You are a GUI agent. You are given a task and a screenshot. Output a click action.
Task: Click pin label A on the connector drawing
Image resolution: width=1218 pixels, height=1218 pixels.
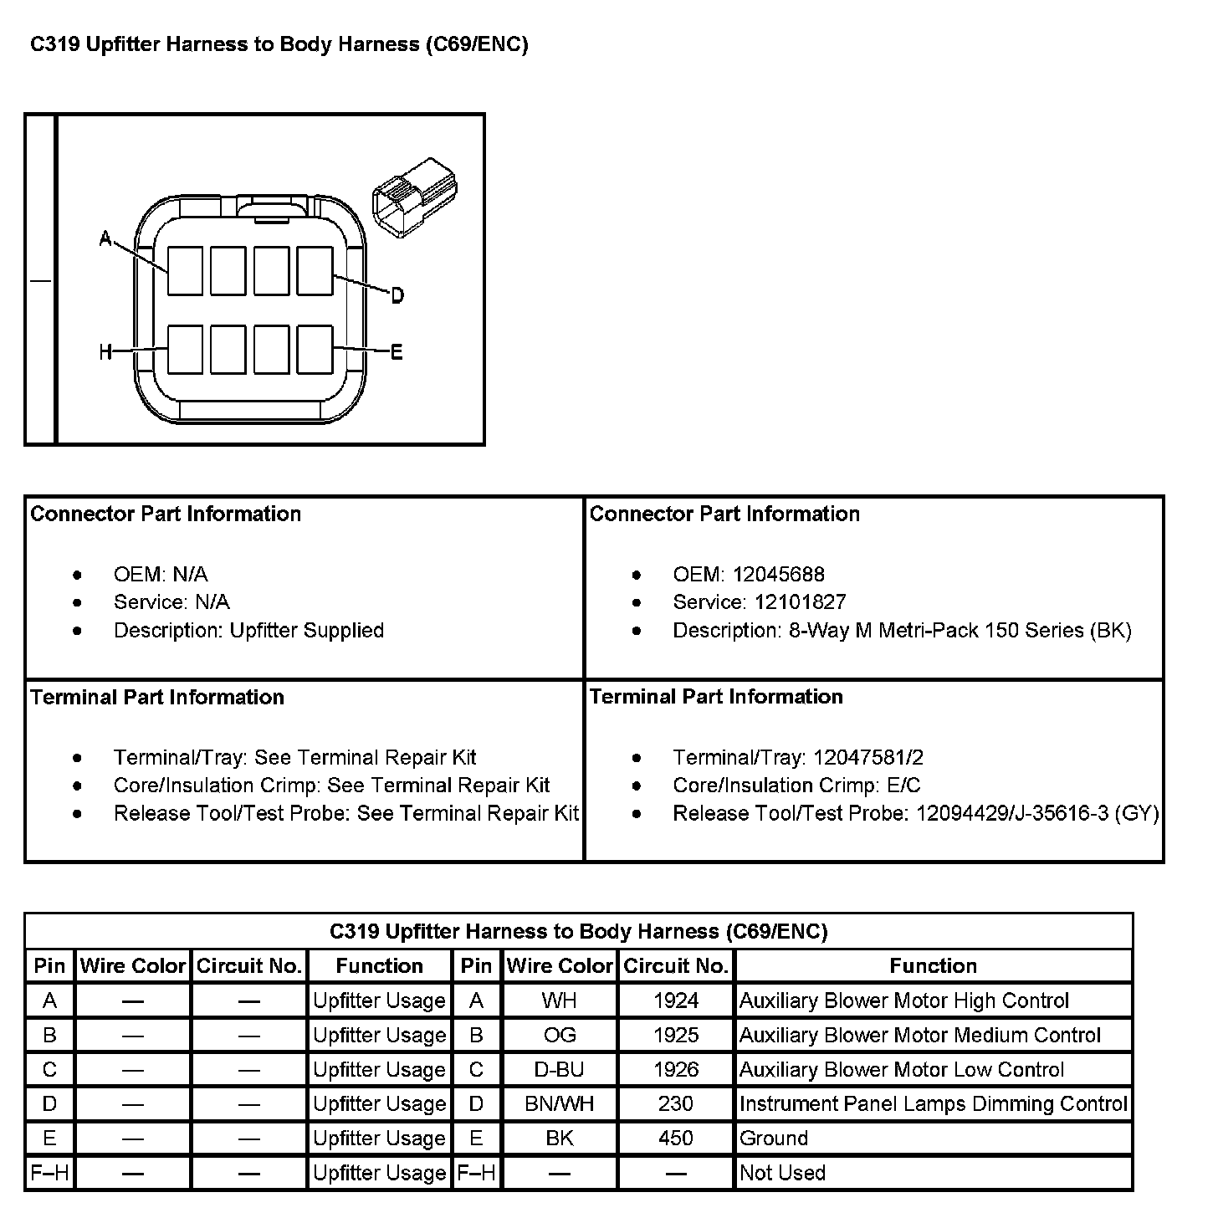105,239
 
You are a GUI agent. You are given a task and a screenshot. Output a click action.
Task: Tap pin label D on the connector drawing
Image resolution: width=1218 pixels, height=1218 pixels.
397,295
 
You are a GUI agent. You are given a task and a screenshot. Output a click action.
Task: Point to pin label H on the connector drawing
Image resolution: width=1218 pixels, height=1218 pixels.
105,353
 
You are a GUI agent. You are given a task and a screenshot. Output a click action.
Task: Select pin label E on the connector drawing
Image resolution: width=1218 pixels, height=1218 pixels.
397,352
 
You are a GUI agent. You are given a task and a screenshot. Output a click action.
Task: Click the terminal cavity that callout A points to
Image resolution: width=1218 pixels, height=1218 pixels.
185,270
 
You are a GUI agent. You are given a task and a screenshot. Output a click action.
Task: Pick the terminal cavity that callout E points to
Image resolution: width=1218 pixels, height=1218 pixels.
315,349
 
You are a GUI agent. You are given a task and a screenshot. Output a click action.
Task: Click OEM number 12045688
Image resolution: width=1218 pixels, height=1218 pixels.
778,575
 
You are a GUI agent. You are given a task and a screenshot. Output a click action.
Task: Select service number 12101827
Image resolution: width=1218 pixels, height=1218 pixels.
800,602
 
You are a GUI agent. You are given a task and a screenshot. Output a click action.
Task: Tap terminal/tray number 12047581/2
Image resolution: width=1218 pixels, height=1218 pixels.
868,758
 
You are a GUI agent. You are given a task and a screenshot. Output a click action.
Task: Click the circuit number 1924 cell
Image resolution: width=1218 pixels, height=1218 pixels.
675,1000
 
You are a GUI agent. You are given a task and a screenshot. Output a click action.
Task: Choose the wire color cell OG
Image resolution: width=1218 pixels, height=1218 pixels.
560,1036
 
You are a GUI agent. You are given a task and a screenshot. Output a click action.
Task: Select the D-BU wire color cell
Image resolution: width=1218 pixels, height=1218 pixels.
560,1070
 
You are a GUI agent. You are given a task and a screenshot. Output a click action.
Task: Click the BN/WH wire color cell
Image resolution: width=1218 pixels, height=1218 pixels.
560,1104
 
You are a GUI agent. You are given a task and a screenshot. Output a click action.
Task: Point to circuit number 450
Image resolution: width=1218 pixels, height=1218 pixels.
675,1139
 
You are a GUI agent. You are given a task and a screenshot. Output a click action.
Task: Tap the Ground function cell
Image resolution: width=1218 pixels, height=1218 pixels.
774,1139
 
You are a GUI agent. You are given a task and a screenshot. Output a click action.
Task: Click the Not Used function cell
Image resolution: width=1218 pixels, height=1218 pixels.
782,1173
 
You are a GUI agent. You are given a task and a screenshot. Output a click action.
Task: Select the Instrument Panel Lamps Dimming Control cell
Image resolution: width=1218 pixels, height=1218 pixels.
933,1104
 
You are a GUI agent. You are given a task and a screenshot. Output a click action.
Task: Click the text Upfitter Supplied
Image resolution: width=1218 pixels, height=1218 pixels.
307,631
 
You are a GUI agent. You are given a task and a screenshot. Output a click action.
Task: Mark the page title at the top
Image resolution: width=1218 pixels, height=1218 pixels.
279,44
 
